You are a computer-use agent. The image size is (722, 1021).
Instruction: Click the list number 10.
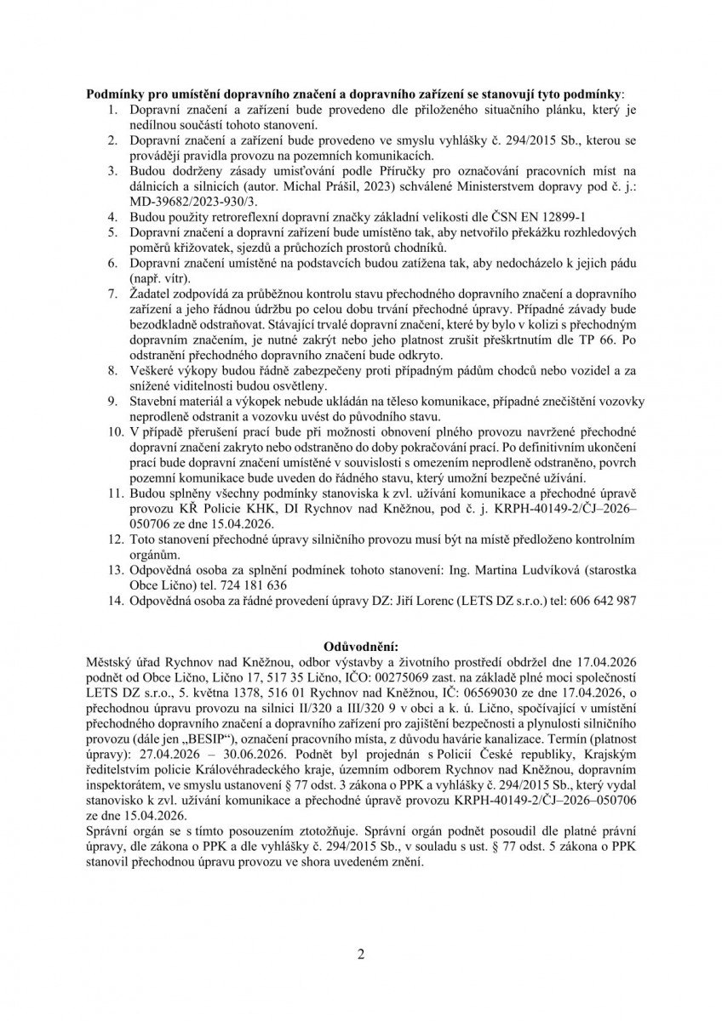click(114, 432)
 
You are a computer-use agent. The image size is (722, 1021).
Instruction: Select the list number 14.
click(114, 601)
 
